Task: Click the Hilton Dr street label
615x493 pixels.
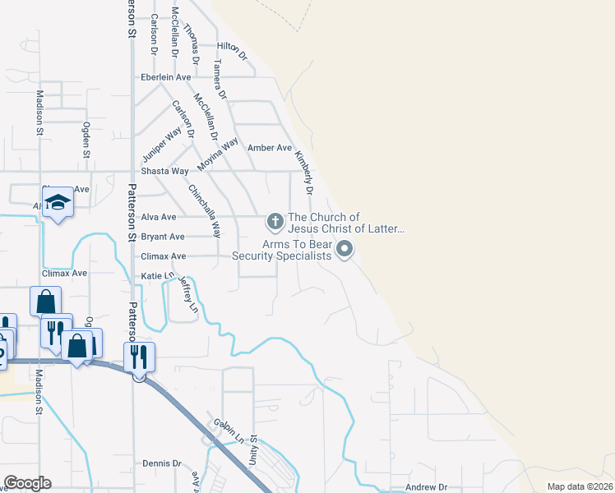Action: tap(231, 50)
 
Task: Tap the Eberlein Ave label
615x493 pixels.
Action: tap(166, 77)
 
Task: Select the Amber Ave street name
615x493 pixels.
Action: tap(264, 148)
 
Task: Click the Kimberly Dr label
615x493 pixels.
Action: tap(304, 173)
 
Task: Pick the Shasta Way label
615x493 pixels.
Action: tap(164, 171)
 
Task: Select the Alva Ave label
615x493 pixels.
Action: tap(159, 217)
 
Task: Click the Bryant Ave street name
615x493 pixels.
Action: tap(163, 237)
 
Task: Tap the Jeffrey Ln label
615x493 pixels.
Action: tap(188, 294)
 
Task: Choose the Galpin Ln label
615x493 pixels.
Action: tap(229, 430)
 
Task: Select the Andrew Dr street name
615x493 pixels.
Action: tap(426, 487)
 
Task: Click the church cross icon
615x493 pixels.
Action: tap(275, 221)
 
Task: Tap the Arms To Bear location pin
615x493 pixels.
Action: tap(344, 249)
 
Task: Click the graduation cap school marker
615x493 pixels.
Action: tap(58, 202)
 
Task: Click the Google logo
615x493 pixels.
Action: tap(27, 483)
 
